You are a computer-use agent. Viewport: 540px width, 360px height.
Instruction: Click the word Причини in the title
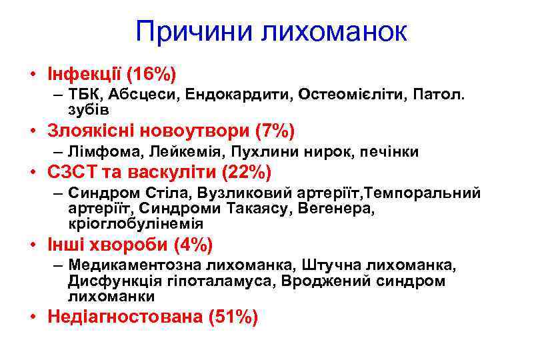(x=192, y=31)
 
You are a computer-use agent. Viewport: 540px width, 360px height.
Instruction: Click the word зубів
(x=88, y=109)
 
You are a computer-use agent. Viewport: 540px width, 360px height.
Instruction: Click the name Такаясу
(x=256, y=209)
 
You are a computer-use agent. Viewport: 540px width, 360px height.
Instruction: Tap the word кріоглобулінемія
(x=135, y=223)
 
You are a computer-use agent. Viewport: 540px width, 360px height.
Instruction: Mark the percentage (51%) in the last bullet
(x=233, y=317)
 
